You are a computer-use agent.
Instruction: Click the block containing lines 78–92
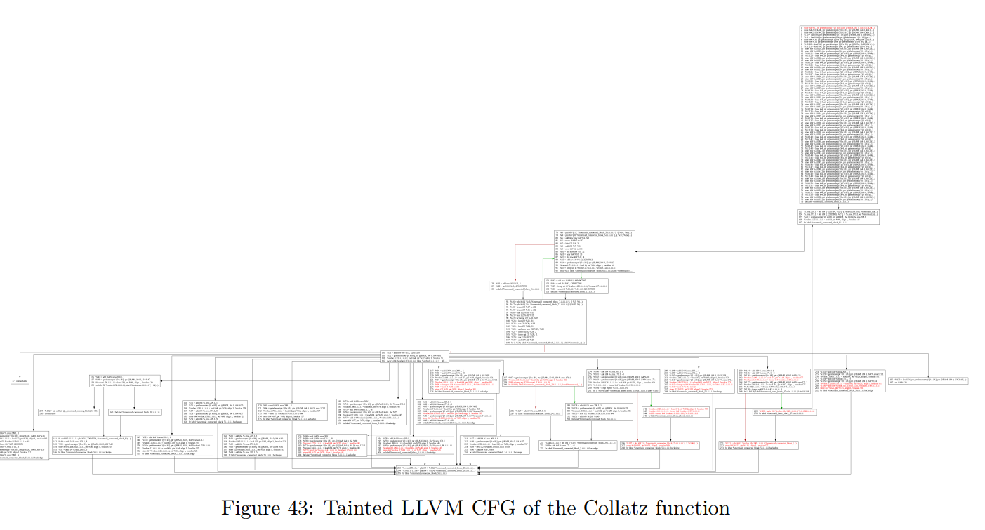click(594, 251)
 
